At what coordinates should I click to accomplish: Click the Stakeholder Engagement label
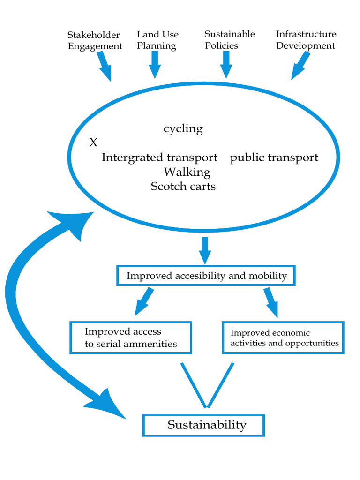(x=95, y=40)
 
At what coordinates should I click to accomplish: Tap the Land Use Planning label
(x=157, y=40)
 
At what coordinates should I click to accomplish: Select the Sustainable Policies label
(x=230, y=40)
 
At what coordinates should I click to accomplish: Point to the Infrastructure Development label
(x=306, y=40)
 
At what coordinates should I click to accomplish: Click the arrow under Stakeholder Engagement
(x=105, y=66)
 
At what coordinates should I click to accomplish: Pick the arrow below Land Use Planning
(x=155, y=65)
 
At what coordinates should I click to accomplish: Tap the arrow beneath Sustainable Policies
(x=226, y=65)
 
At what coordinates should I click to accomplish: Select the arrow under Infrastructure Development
(x=300, y=66)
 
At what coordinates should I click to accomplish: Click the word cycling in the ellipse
(x=183, y=129)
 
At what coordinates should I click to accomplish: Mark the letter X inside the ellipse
(x=93, y=142)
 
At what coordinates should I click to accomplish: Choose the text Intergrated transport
(x=159, y=157)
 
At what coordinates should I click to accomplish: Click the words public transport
(x=274, y=157)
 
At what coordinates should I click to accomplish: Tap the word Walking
(x=187, y=172)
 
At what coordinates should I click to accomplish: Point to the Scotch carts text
(x=183, y=186)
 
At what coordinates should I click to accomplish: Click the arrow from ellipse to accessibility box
(x=205, y=250)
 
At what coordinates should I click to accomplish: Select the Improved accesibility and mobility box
(x=206, y=276)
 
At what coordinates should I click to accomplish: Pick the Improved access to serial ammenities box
(x=131, y=337)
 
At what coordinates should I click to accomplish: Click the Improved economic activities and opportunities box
(x=283, y=337)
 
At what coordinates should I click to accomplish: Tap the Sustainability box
(x=203, y=426)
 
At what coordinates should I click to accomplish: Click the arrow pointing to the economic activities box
(x=271, y=302)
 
